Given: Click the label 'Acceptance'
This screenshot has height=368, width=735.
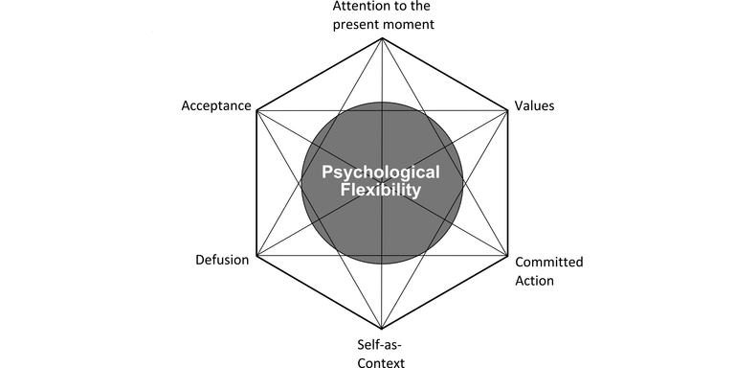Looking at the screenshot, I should click(x=215, y=105).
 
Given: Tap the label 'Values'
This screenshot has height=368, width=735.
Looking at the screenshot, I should click(x=534, y=105).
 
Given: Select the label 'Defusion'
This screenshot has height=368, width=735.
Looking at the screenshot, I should click(x=222, y=260).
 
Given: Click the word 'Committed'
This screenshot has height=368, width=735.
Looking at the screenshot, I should click(x=548, y=262).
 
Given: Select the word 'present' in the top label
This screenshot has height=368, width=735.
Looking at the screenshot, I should click(x=355, y=24).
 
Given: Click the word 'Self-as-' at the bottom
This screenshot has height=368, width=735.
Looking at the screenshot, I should click(x=382, y=344).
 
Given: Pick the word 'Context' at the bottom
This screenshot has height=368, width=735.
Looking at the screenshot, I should click(x=382, y=361).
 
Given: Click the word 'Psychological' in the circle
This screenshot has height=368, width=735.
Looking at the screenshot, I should click(x=381, y=172).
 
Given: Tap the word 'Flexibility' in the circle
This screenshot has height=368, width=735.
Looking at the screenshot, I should click(x=381, y=191).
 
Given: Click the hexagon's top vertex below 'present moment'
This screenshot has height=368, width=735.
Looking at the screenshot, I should click(x=382, y=37).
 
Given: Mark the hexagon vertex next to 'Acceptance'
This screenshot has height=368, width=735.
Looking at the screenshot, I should click(x=256, y=110).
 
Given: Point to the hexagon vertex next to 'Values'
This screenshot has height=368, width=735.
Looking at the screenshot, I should click(x=507, y=110).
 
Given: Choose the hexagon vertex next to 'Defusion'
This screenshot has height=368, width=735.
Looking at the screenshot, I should click(x=256, y=256).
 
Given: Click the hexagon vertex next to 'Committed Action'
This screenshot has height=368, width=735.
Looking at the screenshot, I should click(x=507, y=256).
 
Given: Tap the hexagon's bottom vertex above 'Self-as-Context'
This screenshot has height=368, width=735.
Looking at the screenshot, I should click(x=382, y=329).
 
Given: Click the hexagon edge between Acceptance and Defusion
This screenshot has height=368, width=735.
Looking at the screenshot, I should click(x=256, y=183).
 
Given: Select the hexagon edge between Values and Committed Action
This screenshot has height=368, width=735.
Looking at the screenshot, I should click(x=507, y=183).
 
